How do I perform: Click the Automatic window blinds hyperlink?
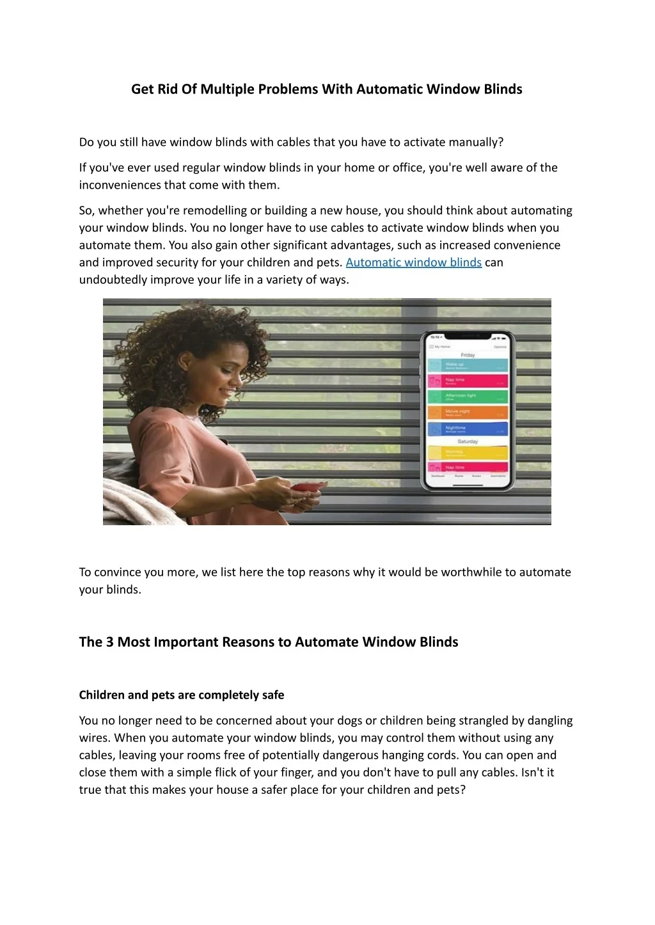[413, 262]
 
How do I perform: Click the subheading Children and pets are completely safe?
[182, 695]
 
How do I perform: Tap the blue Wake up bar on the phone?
[468, 365]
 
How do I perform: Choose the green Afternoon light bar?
[468, 397]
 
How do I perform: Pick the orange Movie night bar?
[468, 413]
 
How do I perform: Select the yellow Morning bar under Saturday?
[468, 453]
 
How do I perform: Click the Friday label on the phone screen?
[468, 354]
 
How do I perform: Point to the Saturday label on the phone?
[468, 441]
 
